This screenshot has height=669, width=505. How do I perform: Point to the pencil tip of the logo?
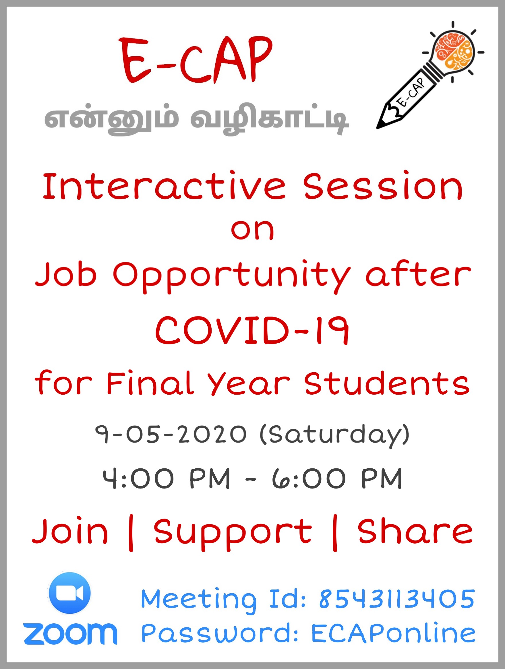[x=380, y=125]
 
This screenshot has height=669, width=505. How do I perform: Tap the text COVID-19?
[x=252, y=330]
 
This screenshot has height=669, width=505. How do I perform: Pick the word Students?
[x=387, y=383]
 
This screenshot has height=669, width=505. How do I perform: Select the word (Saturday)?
[x=335, y=435]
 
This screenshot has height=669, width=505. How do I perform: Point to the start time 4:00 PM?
[x=166, y=478]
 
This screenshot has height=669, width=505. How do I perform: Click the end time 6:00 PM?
[x=337, y=478]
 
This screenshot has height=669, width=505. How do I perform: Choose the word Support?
[x=233, y=534]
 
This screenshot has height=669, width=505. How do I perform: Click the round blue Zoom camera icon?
[x=69, y=593]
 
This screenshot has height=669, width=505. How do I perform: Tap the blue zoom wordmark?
[x=71, y=634]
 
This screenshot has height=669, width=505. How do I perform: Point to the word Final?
[x=150, y=383]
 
